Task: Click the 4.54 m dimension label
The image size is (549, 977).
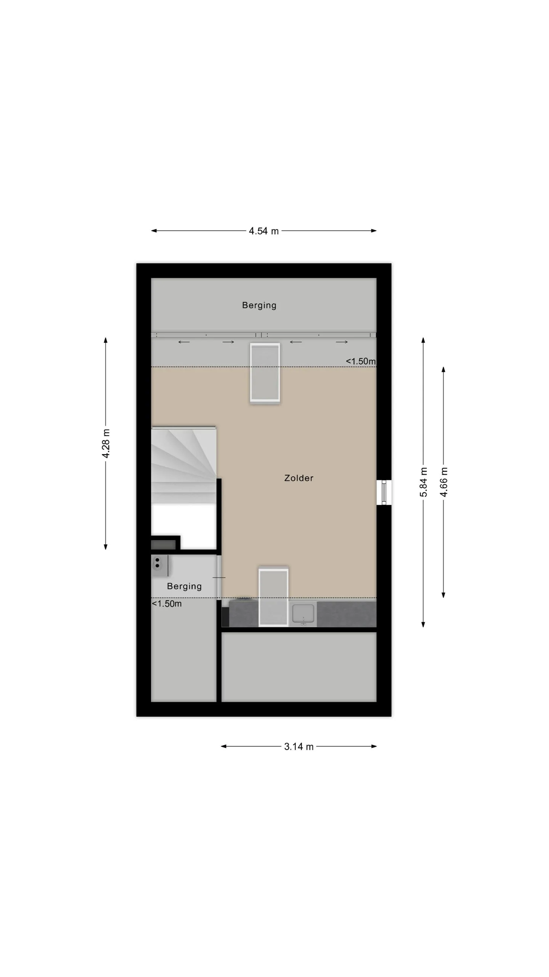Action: (263, 231)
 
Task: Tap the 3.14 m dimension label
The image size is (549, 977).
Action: (299, 746)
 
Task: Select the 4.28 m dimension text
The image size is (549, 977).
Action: (106, 443)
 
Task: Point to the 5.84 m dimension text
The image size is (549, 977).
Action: (423, 482)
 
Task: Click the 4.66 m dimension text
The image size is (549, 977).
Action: (443, 482)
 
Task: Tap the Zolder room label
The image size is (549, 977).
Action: (299, 478)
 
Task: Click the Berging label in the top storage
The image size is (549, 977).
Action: (259, 305)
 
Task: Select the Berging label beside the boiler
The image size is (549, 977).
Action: (184, 586)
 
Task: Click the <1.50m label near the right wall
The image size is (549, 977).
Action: (361, 361)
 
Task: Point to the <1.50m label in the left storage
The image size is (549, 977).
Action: (167, 604)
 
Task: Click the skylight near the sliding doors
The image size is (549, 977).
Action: (265, 372)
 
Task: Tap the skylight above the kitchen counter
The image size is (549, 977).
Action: (273, 597)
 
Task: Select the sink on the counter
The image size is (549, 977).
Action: (303, 614)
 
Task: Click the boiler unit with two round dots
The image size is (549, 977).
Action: (160, 566)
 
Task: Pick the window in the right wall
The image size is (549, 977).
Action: (384, 492)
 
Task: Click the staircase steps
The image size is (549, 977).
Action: (184, 466)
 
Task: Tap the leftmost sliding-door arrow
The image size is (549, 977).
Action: (184, 342)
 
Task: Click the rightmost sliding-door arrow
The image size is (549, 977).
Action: (342, 342)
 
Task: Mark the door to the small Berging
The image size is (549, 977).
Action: (219, 577)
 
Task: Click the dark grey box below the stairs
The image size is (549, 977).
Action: (163, 545)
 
